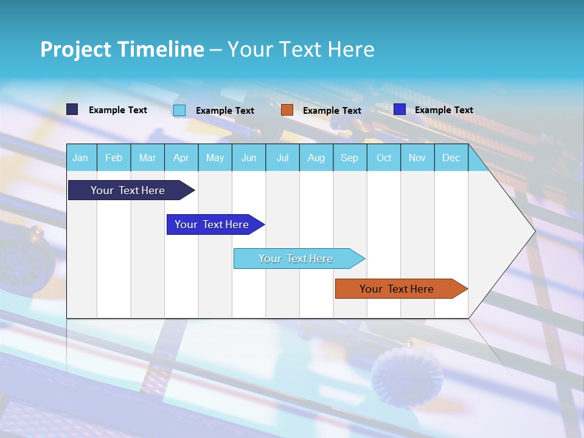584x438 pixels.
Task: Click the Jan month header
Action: pyautogui.click(x=80, y=158)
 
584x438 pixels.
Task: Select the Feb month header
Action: pyautogui.click(x=114, y=158)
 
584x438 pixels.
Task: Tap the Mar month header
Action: pyautogui.click(x=147, y=158)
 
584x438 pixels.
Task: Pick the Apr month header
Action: pyautogui.click(x=181, y=158)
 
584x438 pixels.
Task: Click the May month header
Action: pyautogui.click(x=215, y=158)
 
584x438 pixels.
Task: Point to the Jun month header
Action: pyautogui.click(x=249, y=158)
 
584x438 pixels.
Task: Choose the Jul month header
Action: pyautogui.click(x=282, y=158)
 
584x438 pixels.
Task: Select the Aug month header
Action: pyautogui.click(x=316, y=158)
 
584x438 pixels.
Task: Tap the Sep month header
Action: pyautogui.click(x=350, y=158)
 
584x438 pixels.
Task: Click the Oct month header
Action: pyautogui.click(x=384, y=158)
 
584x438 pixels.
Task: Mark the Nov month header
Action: pyautogui.click(x=417, y=158)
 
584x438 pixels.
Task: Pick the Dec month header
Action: pyautogui.click(x=451, y=158)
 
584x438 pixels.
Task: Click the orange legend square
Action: pyautogui.click(x=287, y=110)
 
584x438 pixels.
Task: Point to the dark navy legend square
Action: pyautogui.click(x=72, y=109)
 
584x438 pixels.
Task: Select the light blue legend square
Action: pyautogui.click(x=179, y=110)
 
